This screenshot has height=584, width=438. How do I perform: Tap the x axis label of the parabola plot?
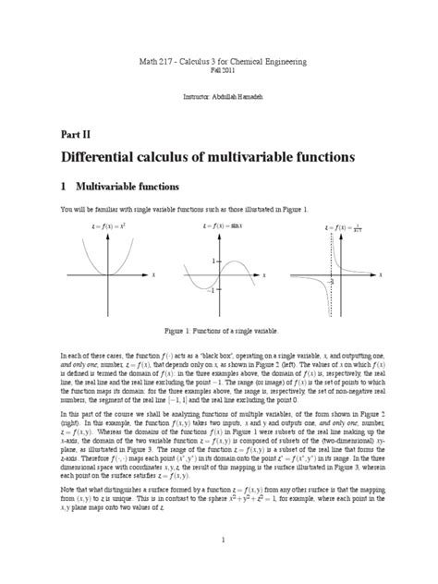coord(153,275)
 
